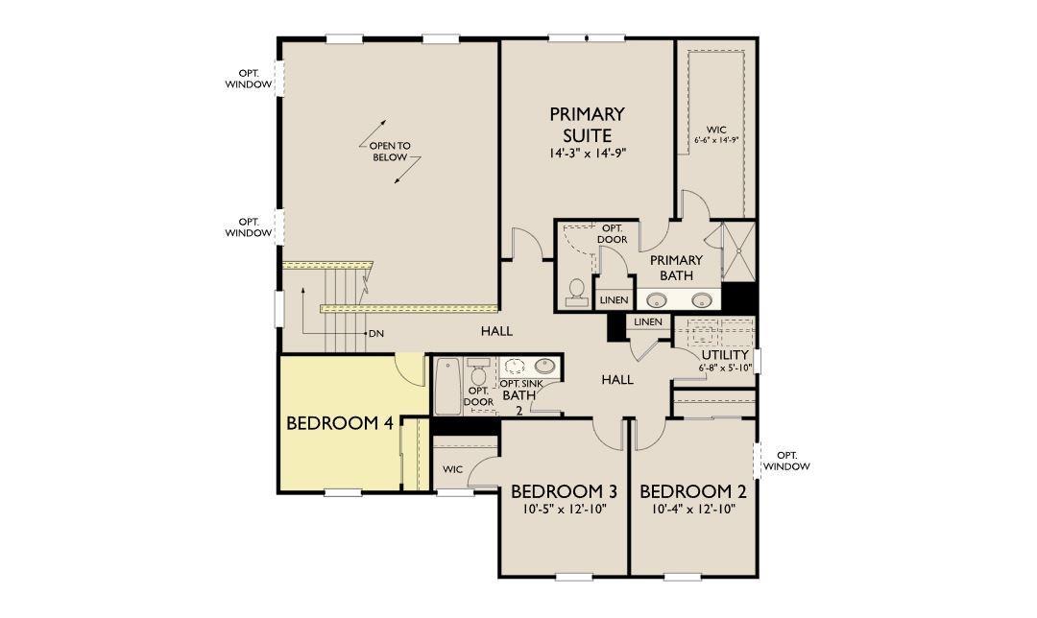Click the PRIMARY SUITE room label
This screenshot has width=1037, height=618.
tap(588, 124)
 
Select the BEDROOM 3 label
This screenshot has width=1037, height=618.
tap(565, 491)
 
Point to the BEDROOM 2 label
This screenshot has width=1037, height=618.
tap(693, 491)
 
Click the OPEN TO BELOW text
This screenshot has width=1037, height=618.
tap(390, 152)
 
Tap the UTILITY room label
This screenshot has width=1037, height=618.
tap(725, 355)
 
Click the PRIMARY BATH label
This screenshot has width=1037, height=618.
tap(676, 268)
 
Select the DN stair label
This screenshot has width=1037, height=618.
tap(376, 334)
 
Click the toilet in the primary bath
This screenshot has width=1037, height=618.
tap(576, 293)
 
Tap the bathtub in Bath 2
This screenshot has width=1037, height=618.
tap(447, 386)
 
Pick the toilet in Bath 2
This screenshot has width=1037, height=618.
tap(478, 371)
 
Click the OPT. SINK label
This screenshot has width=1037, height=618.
tap(521, 384)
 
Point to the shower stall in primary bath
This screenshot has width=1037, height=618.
tap(738, 251)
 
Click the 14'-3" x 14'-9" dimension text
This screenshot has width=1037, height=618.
tap(588, 154)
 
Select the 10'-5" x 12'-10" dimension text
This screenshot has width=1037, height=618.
tap(565, 509)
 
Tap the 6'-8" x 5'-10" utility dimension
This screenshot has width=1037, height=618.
tap(726, 368)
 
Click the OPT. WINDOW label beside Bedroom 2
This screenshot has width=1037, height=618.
tap(786, 461)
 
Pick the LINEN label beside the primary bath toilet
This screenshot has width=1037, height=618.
tap(614, 300)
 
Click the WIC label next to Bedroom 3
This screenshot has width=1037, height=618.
tap(453, 469)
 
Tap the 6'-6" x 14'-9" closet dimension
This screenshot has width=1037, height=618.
tap(716, 140)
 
